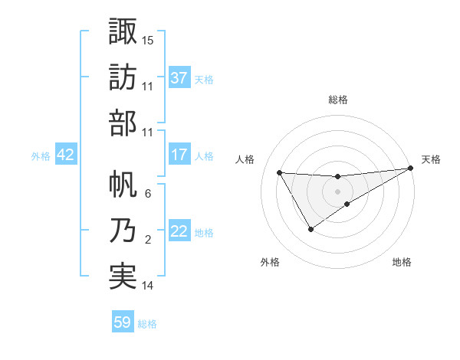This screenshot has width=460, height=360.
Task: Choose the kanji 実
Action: click(x=123, y=276)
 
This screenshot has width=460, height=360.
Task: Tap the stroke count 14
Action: click(x=148, y=286)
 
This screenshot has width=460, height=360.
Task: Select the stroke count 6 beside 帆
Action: click(x=148, y=194)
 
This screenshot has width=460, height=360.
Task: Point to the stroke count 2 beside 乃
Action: click(x=148, y=240)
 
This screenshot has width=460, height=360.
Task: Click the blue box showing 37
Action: click(x=179, y=77)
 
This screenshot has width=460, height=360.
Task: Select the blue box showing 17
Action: click(x=179, y=155)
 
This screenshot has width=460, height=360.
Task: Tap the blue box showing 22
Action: click(x=179, y=232)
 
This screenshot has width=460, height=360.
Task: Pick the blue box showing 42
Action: click(x=66, y=155)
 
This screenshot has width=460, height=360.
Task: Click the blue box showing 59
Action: click(x=123, y=322)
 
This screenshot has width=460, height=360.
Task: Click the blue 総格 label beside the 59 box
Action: click(x=147, y=323)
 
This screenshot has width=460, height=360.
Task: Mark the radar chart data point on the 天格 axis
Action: click(x=411, y=169)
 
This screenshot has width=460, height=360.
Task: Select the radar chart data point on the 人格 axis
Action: click(x=279, y=172)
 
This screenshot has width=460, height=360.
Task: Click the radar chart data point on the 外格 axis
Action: click(x=310, y=229)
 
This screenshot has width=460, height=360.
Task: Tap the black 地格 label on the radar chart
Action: click(x=402, y=263)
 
